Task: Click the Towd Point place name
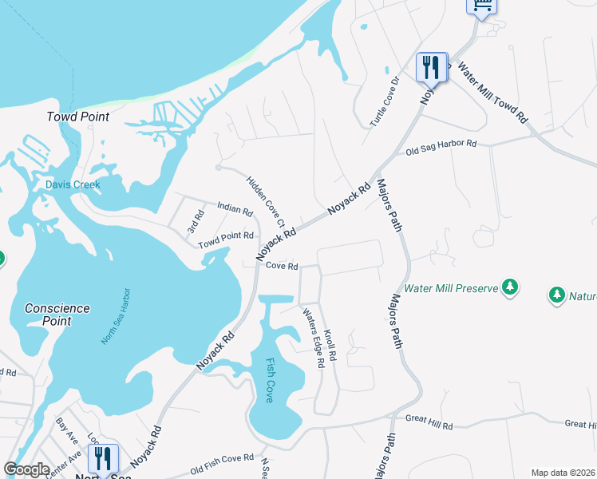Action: [77, 117]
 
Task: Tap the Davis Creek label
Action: [73, 184]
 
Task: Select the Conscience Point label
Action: [57, 315]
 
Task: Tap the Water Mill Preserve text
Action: [451, 288]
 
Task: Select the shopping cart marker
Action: [481, 6]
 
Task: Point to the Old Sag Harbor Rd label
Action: [441, 148]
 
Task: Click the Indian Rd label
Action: [235, 212]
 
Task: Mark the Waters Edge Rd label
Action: [312, 338]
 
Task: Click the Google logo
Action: [27, 469]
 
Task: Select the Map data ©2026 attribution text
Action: [563, 473]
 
